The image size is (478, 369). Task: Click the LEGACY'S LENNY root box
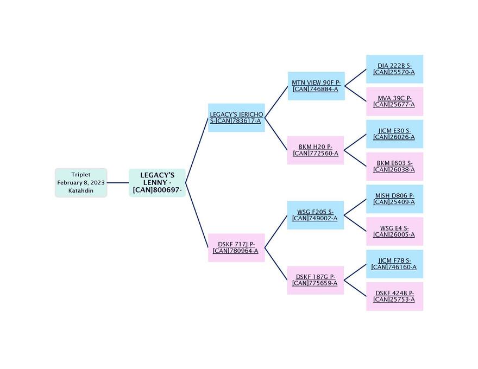click(157, 183)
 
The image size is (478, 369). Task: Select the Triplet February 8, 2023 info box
click(81, 183)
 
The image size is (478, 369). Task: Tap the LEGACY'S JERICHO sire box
click(236, 118)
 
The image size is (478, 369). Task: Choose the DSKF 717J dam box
click(236, 247)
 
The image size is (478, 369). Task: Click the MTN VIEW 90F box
click(316, 86)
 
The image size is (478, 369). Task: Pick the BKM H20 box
click(316, 150)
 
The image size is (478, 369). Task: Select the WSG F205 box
click(316, 215)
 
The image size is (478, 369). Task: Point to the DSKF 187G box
click(316, 280)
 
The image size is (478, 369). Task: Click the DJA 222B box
click(394, 69)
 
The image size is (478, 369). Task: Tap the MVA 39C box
click(394, 101)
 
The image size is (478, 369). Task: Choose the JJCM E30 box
click(394, 134)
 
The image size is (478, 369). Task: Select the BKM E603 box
click(394, 167)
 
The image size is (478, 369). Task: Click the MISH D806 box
click(394, 199)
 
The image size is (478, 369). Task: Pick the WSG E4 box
click(394, 232)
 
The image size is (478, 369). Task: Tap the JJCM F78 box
click(394, 264)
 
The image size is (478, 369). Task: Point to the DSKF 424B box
click(394, 296)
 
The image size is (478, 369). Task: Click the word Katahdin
click(81, 191)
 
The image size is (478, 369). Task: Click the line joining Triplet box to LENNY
click(118, 183)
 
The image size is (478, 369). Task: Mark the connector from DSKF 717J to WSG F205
click(276, 232)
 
